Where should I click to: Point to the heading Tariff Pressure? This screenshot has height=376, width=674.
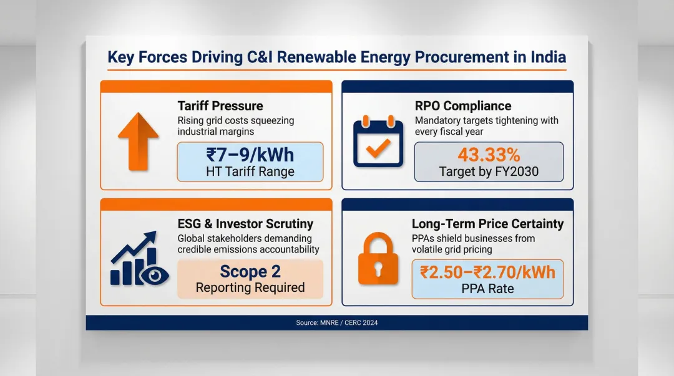220,106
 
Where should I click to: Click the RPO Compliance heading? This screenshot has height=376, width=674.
462,106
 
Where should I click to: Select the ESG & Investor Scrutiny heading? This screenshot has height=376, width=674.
245,224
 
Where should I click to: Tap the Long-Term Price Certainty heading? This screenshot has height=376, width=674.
487,224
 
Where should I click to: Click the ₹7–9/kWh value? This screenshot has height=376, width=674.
250,154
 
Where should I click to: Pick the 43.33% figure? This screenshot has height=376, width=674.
489,154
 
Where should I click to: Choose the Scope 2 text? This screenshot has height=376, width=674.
250,272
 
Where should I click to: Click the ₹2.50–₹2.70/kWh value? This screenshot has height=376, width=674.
487,272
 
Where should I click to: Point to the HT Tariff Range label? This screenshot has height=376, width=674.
250,171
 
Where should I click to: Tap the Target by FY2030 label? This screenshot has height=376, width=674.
489,171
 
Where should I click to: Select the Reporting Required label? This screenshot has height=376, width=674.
250,288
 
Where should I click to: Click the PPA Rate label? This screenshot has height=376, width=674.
487,289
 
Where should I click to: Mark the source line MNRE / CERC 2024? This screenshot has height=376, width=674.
336,323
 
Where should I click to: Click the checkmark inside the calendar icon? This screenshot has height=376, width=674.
378,147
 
